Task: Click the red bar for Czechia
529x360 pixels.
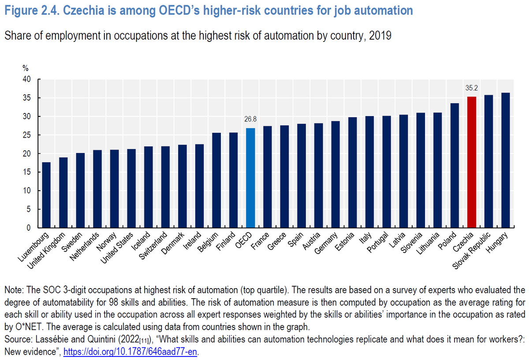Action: [472, 162]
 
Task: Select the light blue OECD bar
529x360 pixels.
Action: [250, 178]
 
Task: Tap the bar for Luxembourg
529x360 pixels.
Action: [46, 195]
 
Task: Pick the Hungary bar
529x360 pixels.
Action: [506, 160]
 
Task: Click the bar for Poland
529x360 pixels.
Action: [454, 165]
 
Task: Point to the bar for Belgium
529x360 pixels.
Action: [216, 180]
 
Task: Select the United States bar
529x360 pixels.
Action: [131, 188]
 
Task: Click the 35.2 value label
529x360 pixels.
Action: [472, 88]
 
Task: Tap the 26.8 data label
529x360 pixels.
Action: [250, 119]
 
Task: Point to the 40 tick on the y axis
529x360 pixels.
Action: [27, 79]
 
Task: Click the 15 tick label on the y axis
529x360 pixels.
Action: [27, 172]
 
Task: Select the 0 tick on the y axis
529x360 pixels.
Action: [29, 228]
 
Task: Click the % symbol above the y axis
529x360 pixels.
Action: [26, 68]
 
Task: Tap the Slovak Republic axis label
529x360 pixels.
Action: [471, 251]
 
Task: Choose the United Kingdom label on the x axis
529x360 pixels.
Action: [45, 251]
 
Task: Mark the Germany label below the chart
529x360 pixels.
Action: [326, 243]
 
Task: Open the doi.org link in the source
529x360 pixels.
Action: [130, 352]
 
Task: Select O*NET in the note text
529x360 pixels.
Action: [29, 327]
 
